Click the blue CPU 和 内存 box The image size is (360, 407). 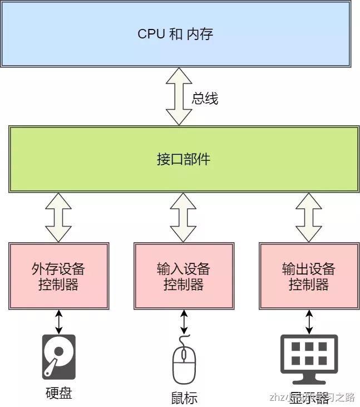pyautogui.click(x=175, y=33)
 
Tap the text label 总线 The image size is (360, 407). pyautogui.click(x=205, y=99)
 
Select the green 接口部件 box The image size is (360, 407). pyautogui.click(x=183, y=159)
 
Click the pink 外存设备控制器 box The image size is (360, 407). pyautogui.click(x=58, y=276)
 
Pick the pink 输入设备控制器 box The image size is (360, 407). pyautogui.click(x=184, y=276)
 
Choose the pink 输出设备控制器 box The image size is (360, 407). pyautogui.click(x=309, y=276)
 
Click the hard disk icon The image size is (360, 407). pyautogui.click(x=58, y=357)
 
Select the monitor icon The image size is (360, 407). pyautogui.click(x=309, y=356)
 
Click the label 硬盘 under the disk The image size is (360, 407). pyautogui.click(x=58, y=393)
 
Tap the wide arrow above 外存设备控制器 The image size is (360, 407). pyautogui.click(x=58, y=217)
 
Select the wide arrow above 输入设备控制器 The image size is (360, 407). pyautogui.click(x=184, y=217)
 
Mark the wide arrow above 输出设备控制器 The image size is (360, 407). pyautogui.click(x=309, y=217)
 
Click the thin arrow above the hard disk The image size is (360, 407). pyautogui.click(x=58, y=321)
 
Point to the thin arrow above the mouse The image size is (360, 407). pyautogui.click(x=184, y=321)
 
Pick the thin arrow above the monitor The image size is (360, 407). pyautogui.click(x=309, y=321)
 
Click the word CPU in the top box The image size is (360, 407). pyautogui.click(x=151, y=33)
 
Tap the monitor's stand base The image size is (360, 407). pyautogui.click(x=309, y=382)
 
